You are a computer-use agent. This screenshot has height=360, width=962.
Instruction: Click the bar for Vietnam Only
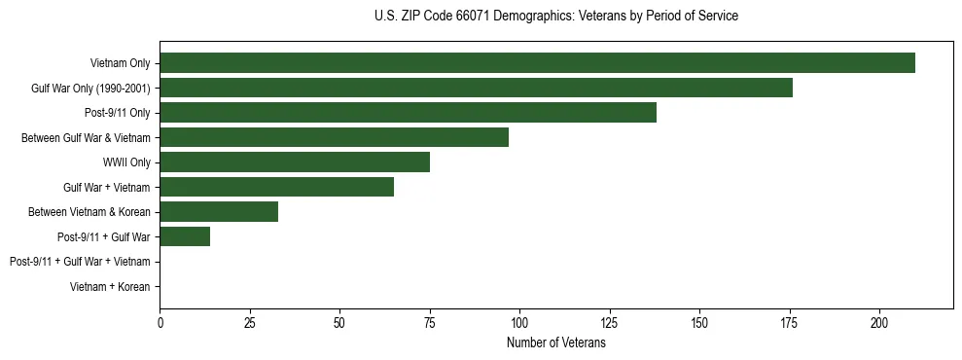point(537,63)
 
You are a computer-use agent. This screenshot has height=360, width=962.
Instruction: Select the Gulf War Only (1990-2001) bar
point(476,88)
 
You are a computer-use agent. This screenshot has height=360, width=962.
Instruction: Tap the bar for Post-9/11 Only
point(408,113)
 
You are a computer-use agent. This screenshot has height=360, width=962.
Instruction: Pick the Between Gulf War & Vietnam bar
point(334,137)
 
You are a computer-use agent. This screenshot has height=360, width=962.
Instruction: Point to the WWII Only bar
point(295,162)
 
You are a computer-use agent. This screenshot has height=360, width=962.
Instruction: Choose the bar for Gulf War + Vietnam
point(276,187)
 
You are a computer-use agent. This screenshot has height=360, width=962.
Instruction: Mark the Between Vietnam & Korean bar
point(219,212)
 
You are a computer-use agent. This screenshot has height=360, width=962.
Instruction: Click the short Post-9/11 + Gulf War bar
point(185,236)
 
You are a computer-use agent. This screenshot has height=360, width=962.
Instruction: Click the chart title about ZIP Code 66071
point(555,17)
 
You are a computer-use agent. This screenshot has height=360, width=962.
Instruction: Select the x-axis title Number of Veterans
point(555,343)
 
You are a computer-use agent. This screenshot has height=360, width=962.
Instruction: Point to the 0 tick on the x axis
point(160,322)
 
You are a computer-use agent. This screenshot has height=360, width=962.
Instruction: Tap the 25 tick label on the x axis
point(250,322)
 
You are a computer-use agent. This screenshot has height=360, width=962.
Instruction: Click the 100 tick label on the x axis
point(519,322)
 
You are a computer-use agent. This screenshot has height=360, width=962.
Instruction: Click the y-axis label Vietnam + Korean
point(110,287)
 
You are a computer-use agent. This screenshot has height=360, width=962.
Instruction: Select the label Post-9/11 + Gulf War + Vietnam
point(80,262)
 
